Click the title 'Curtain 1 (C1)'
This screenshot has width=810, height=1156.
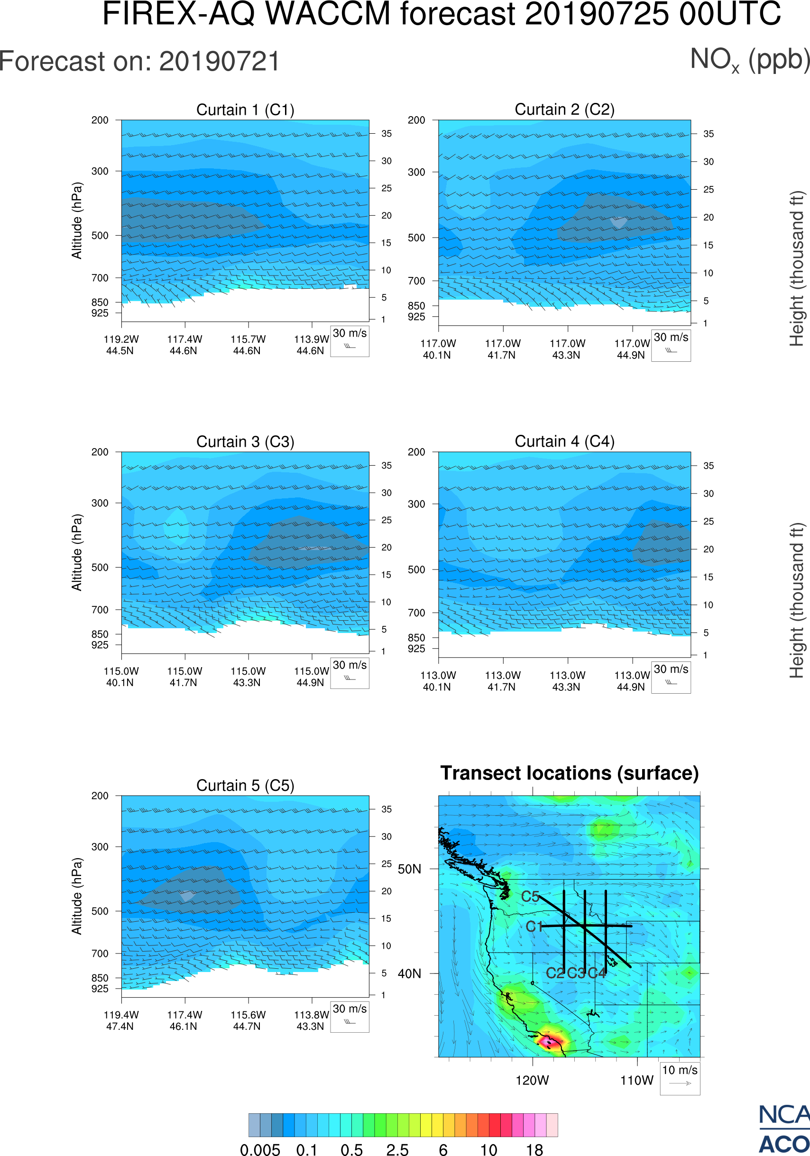245,110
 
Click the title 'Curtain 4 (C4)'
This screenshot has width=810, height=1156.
564,441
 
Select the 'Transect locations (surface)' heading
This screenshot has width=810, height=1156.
570,773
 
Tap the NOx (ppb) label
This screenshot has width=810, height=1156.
750,60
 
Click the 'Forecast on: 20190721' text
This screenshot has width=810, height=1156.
139,62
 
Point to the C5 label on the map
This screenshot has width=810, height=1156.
530,897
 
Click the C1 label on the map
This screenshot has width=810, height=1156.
534,927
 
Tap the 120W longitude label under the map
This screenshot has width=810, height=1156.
532,1081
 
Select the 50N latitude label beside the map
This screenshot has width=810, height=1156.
409,869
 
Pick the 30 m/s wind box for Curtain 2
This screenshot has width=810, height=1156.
671,345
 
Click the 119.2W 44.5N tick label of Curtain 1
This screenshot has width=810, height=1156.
121,345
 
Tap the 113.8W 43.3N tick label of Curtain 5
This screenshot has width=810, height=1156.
311,1020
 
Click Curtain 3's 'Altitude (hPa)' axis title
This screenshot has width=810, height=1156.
76,552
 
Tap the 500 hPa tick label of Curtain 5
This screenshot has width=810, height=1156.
100,911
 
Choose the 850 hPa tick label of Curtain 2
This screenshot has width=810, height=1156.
416,306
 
